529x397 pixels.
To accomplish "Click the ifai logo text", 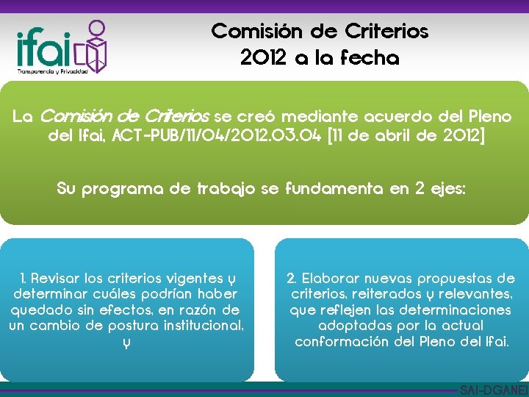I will (x=44, y=48).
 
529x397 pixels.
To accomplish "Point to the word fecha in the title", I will (x=370, y=58).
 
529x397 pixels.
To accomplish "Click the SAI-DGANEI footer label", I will (x=493, y=390).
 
